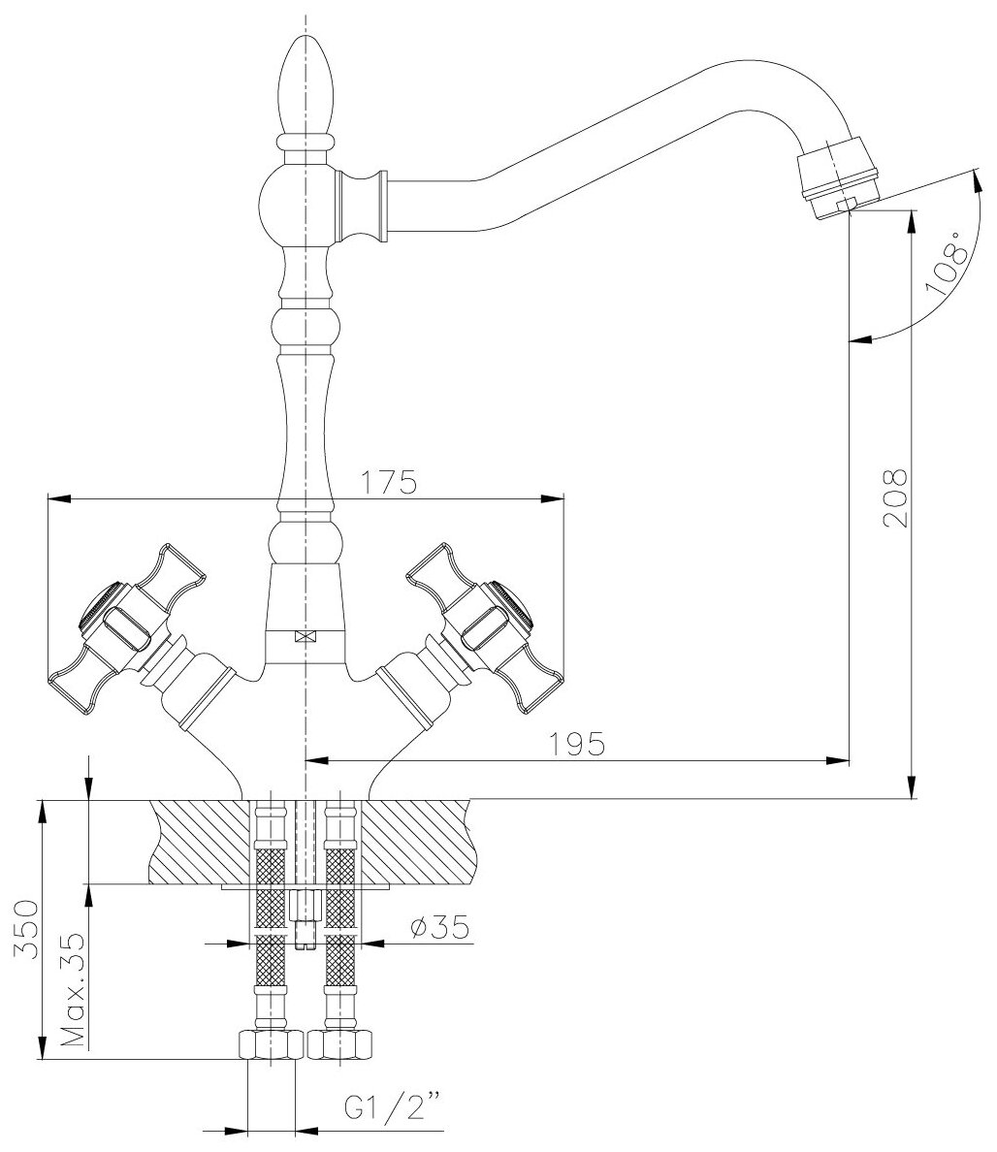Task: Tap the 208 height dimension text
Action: (895, 497)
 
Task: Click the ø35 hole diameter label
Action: (439, 928)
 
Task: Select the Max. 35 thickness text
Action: (71, 989)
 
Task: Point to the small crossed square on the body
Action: (306, 637)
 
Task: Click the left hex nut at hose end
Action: (269, 1044)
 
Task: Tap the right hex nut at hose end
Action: (340, 1044)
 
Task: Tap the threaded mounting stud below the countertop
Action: (306, 916)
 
